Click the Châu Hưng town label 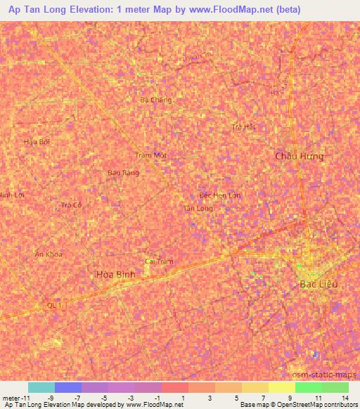click(x=300, y=156)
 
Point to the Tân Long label click(x=198, y=209)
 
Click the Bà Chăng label click(x=155, y=100)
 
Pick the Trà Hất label click(x=243, y=127)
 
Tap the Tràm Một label click(x=150, y=155)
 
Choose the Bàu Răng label click(x=123, y=172)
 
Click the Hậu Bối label click(x=37, y=141)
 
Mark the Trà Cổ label click(x=72, y=205)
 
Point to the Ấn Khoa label click(x=49, y=254)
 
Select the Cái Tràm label click(x=159, y=261)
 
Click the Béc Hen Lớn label click(x=220, y=195)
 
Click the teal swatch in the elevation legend click(x=41, y=387)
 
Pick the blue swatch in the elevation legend click(x=68, y=387)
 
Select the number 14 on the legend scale click(x=345, y=398)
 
